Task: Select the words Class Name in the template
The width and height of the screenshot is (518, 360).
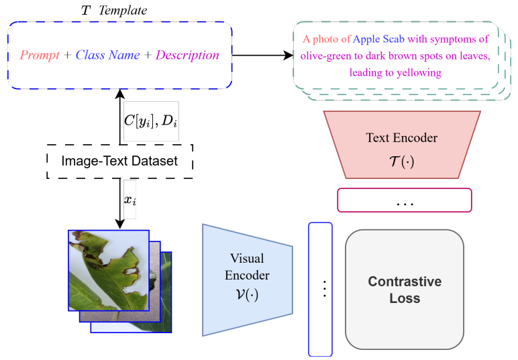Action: (107, 55)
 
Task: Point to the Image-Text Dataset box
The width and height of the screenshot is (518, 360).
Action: (120, 161)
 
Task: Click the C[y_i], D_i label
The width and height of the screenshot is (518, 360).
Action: (151, 121)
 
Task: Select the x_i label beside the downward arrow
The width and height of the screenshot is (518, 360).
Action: (129, 199)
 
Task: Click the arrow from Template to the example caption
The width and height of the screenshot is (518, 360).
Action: (262, 55)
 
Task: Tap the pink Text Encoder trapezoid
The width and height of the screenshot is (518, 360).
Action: (402, 144)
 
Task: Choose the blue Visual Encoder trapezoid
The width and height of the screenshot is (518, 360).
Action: (247, 278)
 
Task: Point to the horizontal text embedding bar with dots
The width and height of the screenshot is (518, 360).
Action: (405, 200)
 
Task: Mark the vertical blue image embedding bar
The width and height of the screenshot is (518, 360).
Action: (321, 288)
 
